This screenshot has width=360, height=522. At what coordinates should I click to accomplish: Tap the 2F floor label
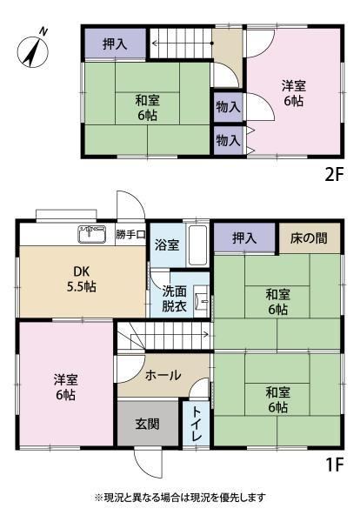[x=334, y=175]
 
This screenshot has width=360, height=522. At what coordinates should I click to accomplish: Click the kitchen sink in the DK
[x=92, y=234]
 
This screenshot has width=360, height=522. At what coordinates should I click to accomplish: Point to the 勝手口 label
[x=130, y=234]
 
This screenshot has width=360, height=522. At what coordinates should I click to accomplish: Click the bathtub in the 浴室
[x=197, y=245]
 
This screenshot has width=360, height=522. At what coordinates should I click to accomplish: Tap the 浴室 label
[x=167, y=245]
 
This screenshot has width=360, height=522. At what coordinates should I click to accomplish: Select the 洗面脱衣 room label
[x=174, y=298]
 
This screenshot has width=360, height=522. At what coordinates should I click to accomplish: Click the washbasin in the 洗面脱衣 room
[x=201, y=301]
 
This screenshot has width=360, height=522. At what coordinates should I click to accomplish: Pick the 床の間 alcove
[x=310, y=238]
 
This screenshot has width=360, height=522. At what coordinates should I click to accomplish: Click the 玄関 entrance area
[x=148, y=424]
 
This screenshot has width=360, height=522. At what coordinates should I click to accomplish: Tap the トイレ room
[x=196, y=424]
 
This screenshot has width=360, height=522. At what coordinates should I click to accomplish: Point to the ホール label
[x=163, y=376]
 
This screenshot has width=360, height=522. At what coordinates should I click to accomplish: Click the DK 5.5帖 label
[x=82, y=279]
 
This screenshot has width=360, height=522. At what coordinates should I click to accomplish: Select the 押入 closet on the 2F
[x=115, y=43]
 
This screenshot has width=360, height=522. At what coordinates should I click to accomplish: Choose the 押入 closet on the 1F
[x=244, y=238]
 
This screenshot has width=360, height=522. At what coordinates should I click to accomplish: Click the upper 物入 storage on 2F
[x=228, y=107]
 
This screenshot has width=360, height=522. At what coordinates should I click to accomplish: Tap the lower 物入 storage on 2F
[x=228, y=140]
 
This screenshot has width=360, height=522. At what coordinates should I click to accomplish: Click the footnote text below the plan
[x=180, y=498]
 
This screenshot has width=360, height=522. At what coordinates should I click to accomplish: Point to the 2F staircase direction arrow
[x=183, y=43]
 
